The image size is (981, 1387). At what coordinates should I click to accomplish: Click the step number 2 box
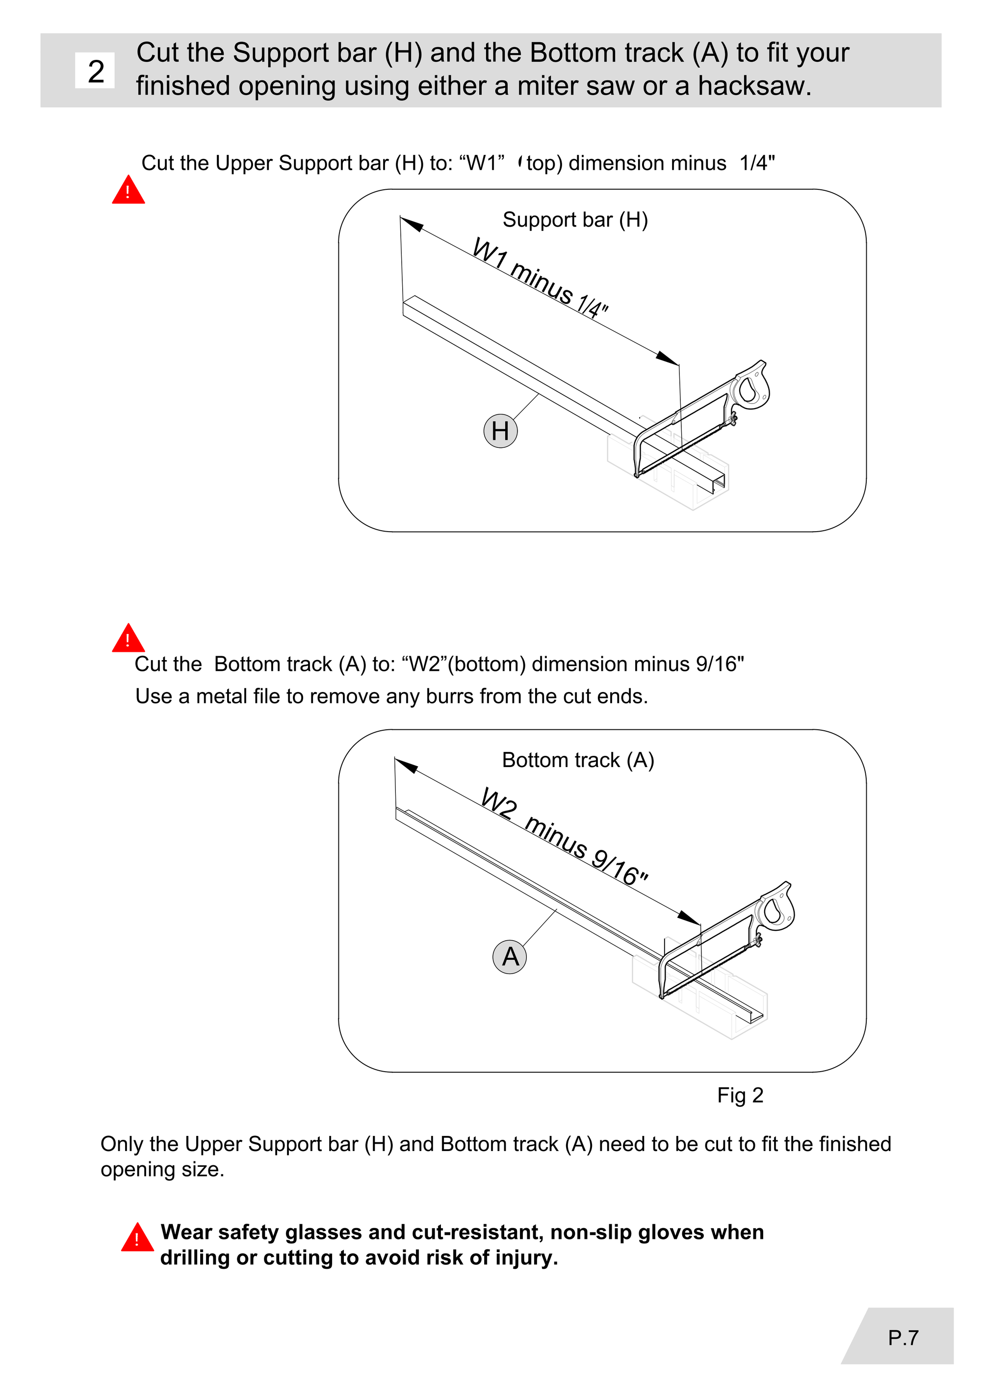(x=95, y=71)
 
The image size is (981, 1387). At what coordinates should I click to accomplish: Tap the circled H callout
(x=501, y=431)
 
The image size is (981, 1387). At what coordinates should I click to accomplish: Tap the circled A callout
(x=510, y=957)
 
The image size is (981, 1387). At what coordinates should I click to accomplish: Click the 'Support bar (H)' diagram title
(x=575, y=220)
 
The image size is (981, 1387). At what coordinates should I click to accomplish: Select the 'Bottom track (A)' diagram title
(x=578, y=760)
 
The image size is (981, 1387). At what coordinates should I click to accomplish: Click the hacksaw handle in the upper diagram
(x=751, y=385)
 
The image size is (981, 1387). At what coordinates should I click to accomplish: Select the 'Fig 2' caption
(x=740, y=1095)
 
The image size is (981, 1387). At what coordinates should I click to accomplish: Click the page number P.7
(x=903, y=1337)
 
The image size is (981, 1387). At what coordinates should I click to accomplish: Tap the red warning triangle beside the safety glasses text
(x=137, y=1237)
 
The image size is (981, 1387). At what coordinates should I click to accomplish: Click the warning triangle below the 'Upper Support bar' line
(x=128, y=190)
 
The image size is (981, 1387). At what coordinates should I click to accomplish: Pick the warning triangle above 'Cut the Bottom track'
(x=128, y=638)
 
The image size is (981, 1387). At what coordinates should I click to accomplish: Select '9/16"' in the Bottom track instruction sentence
(x=720, y=664)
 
